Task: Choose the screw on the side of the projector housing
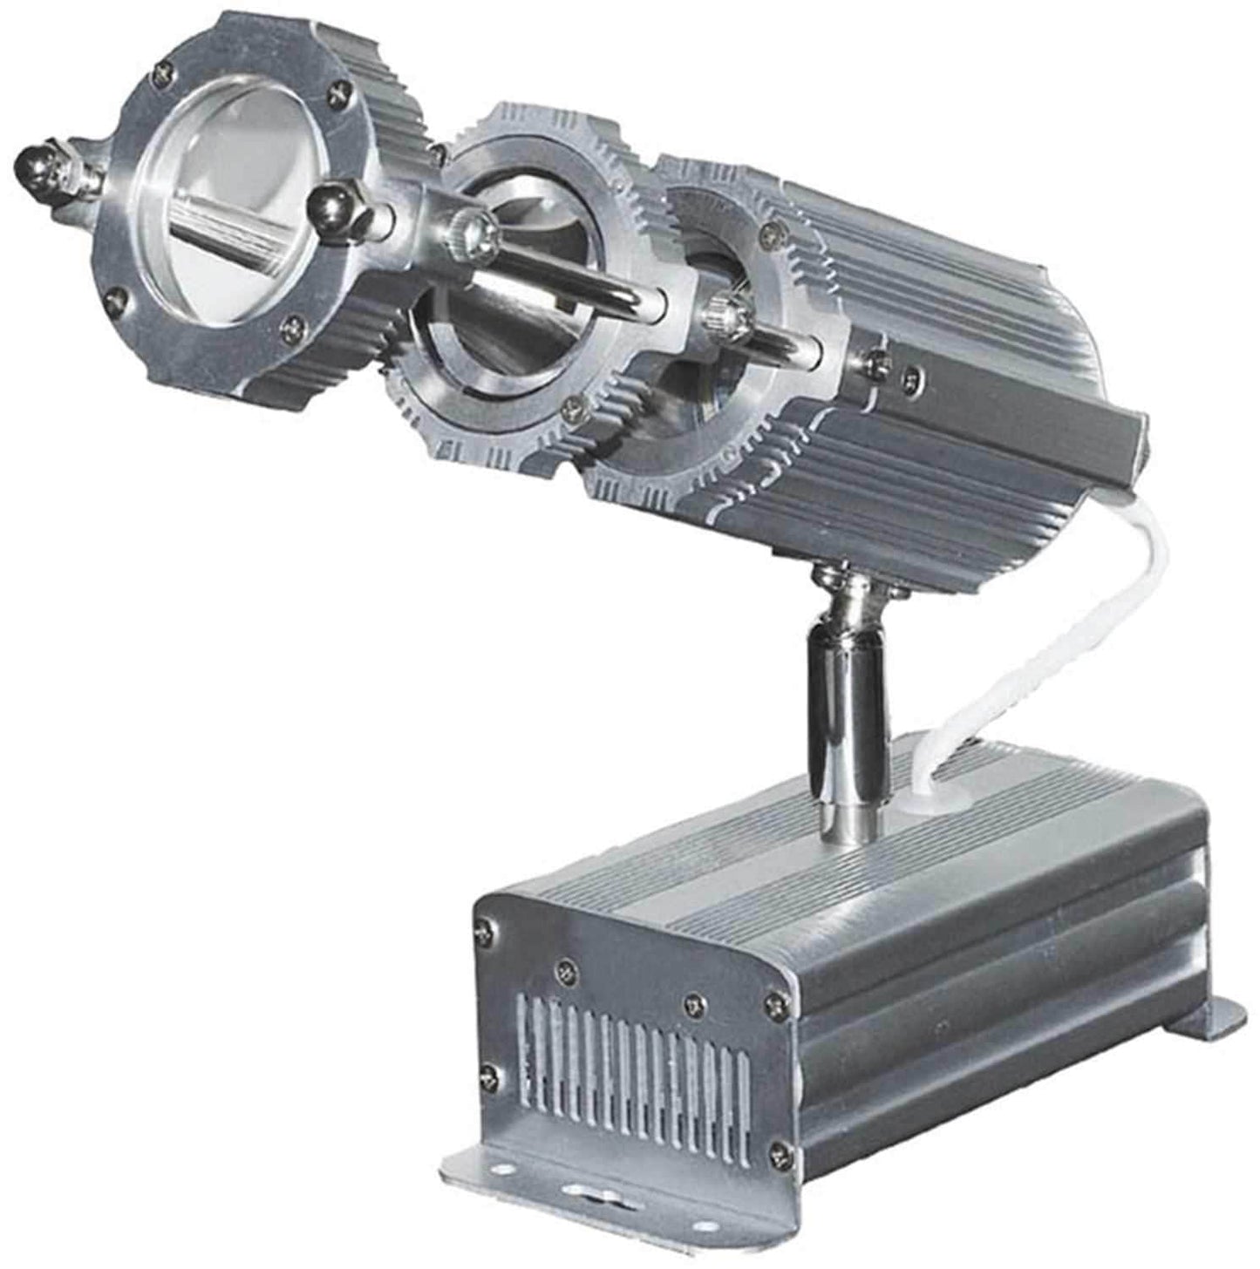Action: tap(911, 376)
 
